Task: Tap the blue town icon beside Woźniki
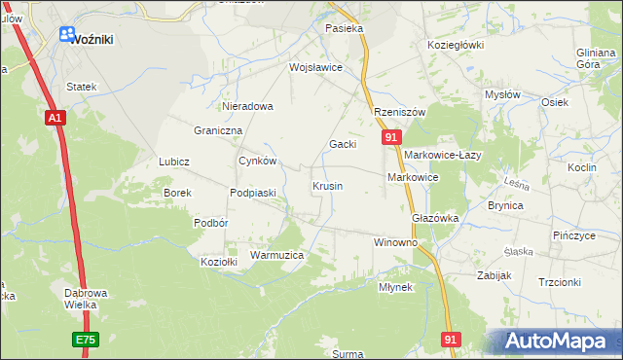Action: pos(66,35)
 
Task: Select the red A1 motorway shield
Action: pos(55,118)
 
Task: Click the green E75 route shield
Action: pos(86,340)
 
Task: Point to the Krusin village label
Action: pos(326,185)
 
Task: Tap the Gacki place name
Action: pos(342,144)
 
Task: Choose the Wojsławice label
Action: pos(315,68)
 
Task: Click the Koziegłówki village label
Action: pos(456,45)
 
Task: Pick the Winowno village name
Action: pos(395,241)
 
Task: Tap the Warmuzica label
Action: pos(277,255)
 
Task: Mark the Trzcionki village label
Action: pos(559,282)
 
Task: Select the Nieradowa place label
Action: pos(247,106)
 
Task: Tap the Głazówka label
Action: pos(435,218)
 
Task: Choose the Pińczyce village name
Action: pos(573,236)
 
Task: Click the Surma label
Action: pos(348,354)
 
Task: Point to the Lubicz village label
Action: pos(173,162)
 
